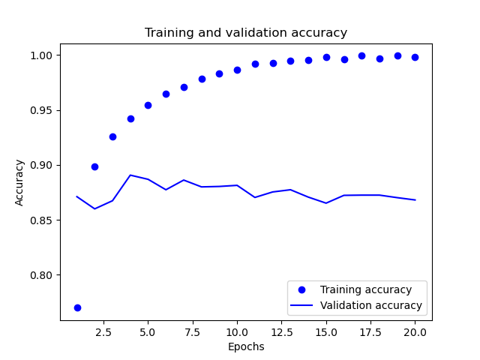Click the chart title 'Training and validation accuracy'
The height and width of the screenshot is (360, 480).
(246, 33)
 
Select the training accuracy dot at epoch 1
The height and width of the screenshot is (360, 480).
(77, 307)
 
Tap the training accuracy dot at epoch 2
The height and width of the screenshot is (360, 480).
(94, 166)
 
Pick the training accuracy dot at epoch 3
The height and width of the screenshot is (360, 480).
(112, 136)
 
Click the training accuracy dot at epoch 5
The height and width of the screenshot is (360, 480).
(148, 105)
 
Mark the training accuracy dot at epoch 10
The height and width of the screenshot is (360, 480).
(237, 70)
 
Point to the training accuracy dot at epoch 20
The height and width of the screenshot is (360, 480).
(415, 57)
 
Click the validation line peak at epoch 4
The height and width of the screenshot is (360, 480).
(130, 175)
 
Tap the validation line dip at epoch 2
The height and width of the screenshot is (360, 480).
(94, 208)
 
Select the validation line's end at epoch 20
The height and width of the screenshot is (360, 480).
(415, 200)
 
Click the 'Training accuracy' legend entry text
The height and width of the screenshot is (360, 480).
(366, 289)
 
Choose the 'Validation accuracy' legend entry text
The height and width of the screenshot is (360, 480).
(371, 306)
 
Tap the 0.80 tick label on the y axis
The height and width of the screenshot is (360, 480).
(43, 275)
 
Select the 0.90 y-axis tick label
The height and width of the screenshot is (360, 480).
(43, 165)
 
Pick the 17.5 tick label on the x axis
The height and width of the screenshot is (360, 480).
(361, 332)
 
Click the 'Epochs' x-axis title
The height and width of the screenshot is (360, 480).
(246, 347)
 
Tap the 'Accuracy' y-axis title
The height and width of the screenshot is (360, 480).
(19, 182)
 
